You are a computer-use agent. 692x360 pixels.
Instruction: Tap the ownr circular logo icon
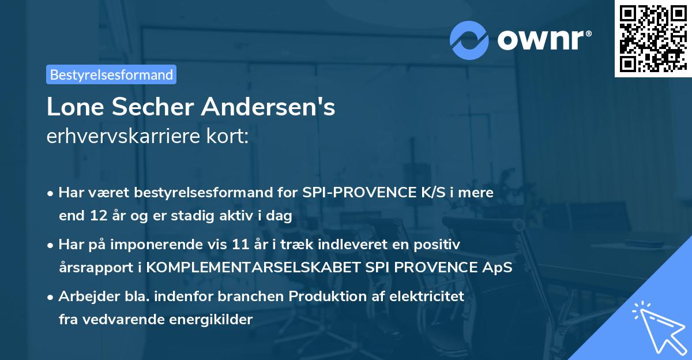(469, 40)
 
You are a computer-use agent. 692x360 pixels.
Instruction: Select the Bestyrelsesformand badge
(111, 74)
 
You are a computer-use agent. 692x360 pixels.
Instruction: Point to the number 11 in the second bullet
(258, 245)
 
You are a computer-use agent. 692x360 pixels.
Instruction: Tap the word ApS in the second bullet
(499, 268)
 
